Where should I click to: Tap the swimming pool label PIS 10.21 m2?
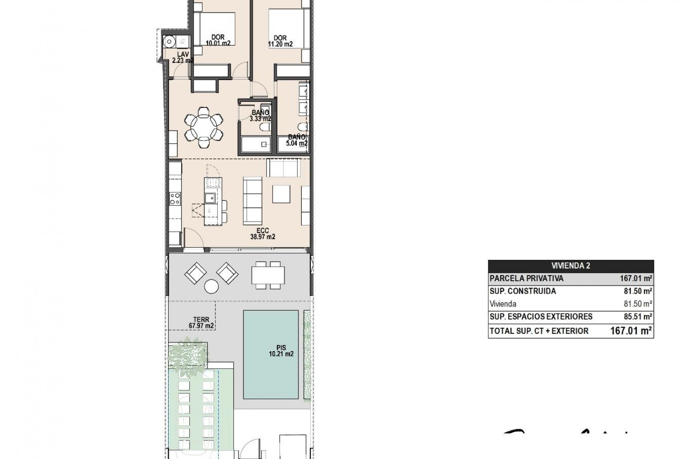pos(281,351)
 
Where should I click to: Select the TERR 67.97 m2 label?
pos(201,323)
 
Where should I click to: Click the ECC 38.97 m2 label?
pos(262,234)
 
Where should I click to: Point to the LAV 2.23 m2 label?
pos(182,57)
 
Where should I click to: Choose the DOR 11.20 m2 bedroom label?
pos(280,41)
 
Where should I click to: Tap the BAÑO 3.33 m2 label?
pos(260,115)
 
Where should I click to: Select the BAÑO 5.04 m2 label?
pos(297,140)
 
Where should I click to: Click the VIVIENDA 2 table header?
pos(570,266)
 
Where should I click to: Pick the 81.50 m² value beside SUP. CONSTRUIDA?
pos(637,291)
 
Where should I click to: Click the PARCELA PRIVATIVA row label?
pos(526,278)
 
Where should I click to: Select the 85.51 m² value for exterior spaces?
pos(637,317)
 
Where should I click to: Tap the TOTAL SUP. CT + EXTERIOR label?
pos(539,331)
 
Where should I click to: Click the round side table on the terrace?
pos(211,287)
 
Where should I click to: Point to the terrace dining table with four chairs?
pos(268,275)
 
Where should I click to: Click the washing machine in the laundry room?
pos(168,42)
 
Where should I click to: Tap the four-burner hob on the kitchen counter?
pos(175,199)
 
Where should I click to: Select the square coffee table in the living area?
pos(281,194)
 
